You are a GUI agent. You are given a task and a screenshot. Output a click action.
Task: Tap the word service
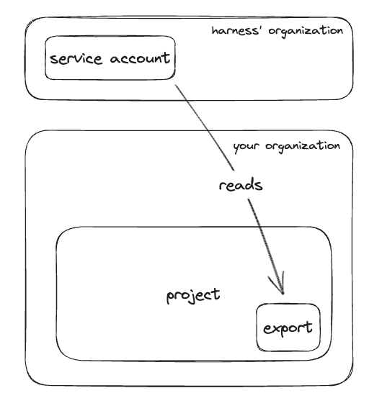(x=76, y=59)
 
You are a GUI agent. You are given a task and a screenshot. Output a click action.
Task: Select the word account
(x=140, y=58)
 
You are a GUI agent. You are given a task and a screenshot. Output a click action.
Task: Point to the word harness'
(x=236, y=30)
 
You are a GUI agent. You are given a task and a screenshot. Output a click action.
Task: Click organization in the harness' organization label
(x=306, y=32)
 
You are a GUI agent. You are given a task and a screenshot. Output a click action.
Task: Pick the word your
(x=246, y=147)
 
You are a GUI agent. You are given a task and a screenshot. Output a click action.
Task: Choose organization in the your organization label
(x=303, y=146)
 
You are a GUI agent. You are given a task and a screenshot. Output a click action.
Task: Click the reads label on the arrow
(x=241, y=185)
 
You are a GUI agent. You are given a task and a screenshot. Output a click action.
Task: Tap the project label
(x=193, y=295)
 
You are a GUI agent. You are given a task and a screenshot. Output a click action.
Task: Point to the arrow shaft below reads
(x=266, y=246)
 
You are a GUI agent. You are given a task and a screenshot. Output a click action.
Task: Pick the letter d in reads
(x=249, y=184)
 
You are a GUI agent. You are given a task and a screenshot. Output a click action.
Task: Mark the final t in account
(x=166, y=57)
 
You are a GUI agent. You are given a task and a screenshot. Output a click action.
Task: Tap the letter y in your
(x=236, y=148)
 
